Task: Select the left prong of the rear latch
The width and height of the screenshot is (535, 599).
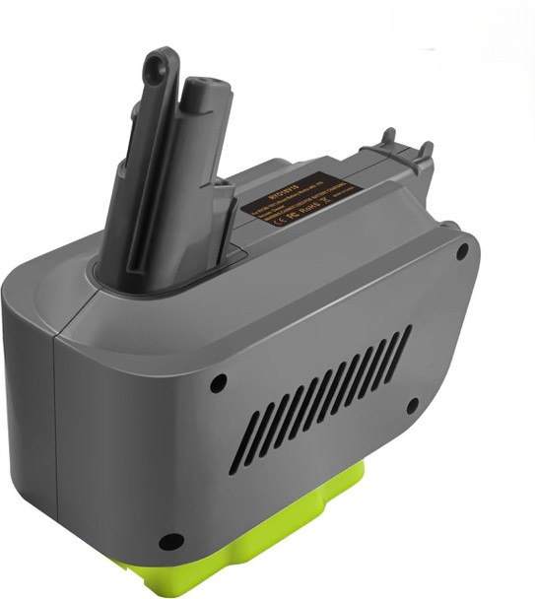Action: tap(391, 137)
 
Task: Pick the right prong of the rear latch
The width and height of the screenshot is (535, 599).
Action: tap(427, 150)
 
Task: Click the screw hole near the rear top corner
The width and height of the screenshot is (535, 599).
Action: tap(462, 252)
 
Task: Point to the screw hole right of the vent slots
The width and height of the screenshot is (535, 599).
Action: tap(414, 404)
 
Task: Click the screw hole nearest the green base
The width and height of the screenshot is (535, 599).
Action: tap(171, 541)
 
